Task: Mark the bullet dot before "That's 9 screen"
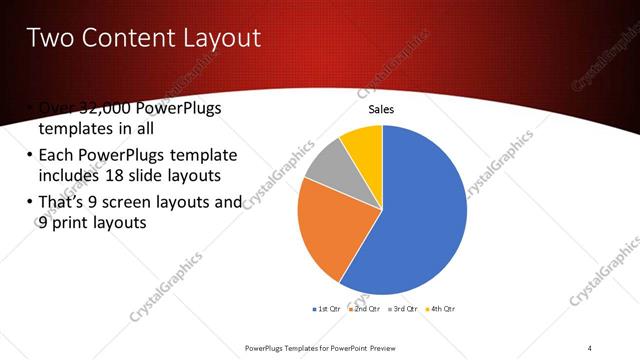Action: click(x=25, y=203)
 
